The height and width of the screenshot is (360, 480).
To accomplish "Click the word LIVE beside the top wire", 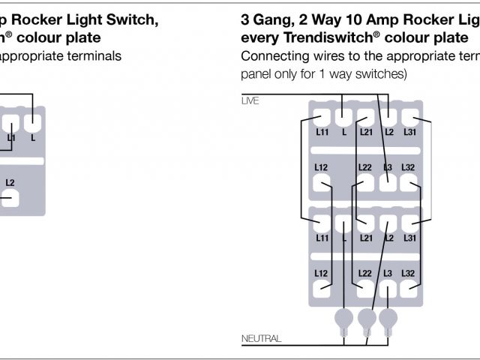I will click(x=250, y=100).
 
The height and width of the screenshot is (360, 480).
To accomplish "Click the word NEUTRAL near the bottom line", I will click(x=261, y=339).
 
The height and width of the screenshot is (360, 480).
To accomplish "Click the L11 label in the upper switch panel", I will click(x=322, y=133).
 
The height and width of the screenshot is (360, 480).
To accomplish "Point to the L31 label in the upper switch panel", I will click(x=409, y=133).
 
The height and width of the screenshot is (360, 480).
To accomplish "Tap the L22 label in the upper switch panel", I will click(x=365, y=167).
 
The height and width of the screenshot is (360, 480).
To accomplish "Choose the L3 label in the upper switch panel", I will click(x=387, y=167).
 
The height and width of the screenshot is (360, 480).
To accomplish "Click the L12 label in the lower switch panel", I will click(x=322, y=273).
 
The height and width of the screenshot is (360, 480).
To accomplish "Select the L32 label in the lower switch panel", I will click(x=409, y=273).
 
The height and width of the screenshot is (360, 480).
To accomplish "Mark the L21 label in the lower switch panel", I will click(x=365, y=238).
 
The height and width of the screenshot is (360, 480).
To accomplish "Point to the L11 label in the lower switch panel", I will click(x=322, y=238).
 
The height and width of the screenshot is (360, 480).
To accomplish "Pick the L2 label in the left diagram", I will click(x=10, y=182).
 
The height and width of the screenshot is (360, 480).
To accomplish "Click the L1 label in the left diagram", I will click(x=11, y=138).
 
